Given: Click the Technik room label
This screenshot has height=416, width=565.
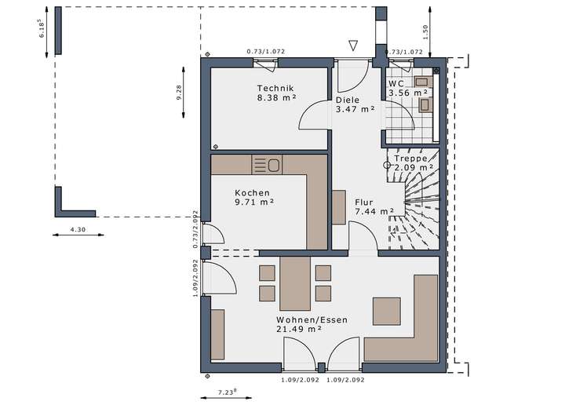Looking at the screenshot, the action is pyautogui.click(x=275, y=88).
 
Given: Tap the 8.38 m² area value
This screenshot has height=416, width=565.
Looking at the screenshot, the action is pyautogui.click(x=276, y=97).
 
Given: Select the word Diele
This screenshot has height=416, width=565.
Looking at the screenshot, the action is pyautogui.click(x=348, y=100).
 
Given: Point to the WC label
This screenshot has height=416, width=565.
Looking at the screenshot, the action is pyautogui.click(x=396, y=83).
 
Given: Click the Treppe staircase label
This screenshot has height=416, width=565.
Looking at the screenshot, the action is pyautogui.click(x=410, y=159).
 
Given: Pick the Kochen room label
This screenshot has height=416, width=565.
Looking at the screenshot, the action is pyautogui.click(x=252, y=193).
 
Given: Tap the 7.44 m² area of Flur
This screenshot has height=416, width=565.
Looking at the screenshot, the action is pyautogui.click(x=374, y=212).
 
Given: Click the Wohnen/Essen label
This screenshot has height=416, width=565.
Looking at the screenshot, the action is pyautogui.click(x=312, y=319).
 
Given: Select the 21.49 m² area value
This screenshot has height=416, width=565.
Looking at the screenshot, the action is pyautogui.click(x=299, y=329).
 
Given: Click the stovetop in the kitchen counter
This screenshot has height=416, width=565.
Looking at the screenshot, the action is pyautogui.click(x=267, y=165).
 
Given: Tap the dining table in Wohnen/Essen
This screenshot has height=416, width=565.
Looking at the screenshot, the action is pyautogui.click(x=295, y=283).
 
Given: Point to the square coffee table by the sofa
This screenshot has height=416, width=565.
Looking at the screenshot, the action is pyautogui.click(x=387, y=312).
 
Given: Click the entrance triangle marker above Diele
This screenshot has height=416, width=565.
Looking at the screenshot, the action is pyautogui.click(x=353, y=46).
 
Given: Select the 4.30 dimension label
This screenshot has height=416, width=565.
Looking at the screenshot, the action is pyautogui.click(x=78, y=229).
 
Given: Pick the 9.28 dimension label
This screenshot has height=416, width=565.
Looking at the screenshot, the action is pyautogui.click(x=179, y=93).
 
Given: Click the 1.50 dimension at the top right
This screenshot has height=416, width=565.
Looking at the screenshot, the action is pyautogui.click(x=425, y=31).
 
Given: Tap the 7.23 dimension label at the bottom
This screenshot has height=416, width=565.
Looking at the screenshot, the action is pyautogui.click(x=228, y=392).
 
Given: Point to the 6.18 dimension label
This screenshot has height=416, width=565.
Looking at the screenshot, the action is pyautogui.click(x=42, y=29).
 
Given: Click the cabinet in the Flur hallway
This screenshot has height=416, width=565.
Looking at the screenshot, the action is pyautogui.click(x=339, y=208).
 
